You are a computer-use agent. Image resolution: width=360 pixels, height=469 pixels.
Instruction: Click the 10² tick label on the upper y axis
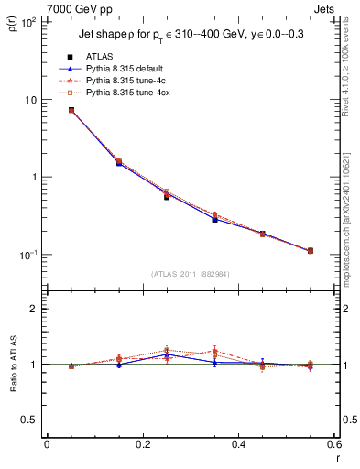[x=28, y=22]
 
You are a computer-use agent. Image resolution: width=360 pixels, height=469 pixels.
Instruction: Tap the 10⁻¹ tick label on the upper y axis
[x=28, y=255]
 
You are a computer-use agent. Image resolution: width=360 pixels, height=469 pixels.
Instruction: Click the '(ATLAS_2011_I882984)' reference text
[x=191, y=274]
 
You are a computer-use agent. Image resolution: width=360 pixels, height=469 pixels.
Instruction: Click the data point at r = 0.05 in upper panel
[x=71, y=110]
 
